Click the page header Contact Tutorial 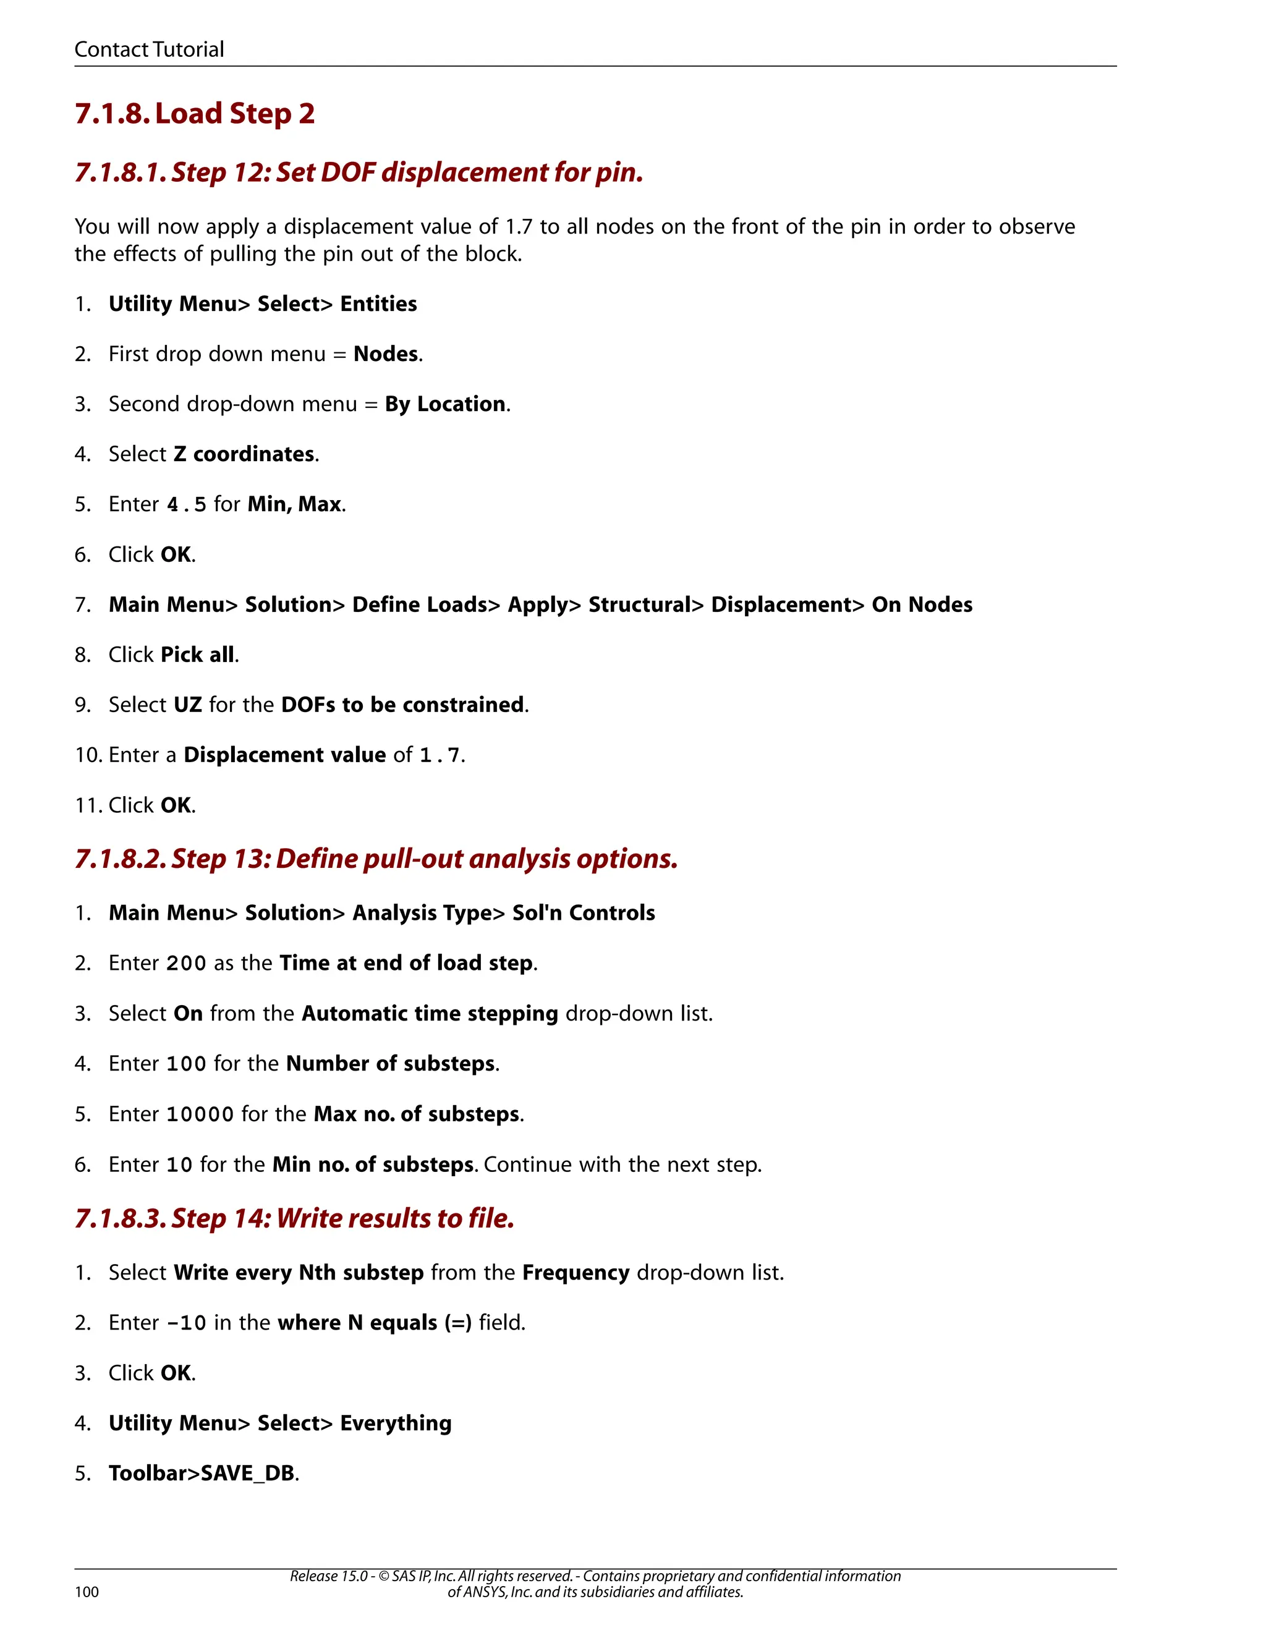point(149,49)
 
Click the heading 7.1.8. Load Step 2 point(194,113)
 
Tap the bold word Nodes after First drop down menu point(386,354)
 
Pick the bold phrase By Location point(444,404)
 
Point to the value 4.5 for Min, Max point(186,505)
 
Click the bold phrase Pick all point(197,655)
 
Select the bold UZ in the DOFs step point(187,705)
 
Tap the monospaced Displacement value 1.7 point(440,755)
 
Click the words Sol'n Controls point(584,913)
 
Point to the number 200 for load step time point(186,963)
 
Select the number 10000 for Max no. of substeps point(200,1114)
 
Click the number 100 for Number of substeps point(186,1064)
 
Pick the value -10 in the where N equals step point(186,1323)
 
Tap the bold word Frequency point(576,1273)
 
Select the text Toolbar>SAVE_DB point(201,1474)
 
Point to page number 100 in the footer point(87,1592)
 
